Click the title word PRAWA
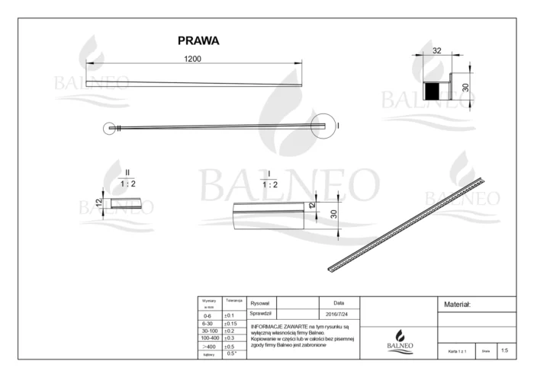pyautogui.click(x=198, y=40)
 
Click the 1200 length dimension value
pyautogui.click(x=192, y=59)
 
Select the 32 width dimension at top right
pyautogui.click(x=437, y=50)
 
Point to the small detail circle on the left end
pyautogui.click(x=112, y=129)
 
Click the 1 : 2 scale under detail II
pyautogui.click(x=129, y=184)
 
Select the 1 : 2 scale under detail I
pyautogui.click(x=269, y=184)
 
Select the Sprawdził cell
pyautogui.click(x=261, y=313)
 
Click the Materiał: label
pyautogui.click(x=458, y=304)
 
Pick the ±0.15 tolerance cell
pyautogui.click(x=230, y=323)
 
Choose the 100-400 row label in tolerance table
pyautogui.click(x=208, y=337)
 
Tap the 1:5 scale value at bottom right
pyautogui.click(x=503, y=350)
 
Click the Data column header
pyautogui.click(x=339, y=303)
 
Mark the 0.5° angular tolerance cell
pyautogui.click(x=232, y=353)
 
